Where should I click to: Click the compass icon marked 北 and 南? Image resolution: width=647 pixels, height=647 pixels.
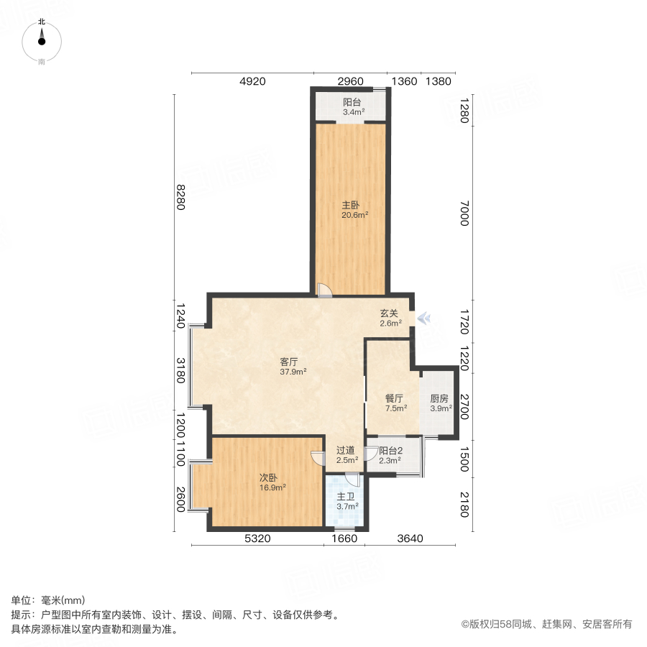(42, 41)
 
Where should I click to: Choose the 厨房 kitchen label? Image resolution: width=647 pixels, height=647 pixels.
(440, 398)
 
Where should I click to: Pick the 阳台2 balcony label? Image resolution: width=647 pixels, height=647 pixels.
(391, 451)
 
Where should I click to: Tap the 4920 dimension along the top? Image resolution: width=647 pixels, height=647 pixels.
(252, 81)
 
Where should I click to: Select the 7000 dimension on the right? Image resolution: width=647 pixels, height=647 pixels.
(464, 214)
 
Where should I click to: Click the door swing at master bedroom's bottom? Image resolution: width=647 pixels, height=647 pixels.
(325, 289)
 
